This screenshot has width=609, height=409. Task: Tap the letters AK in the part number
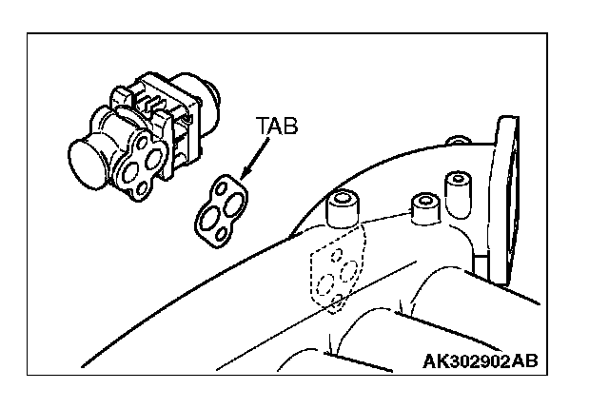(436, 360)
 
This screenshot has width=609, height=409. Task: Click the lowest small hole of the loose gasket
(216, 232)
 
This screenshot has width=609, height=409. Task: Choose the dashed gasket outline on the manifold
(334, 270)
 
